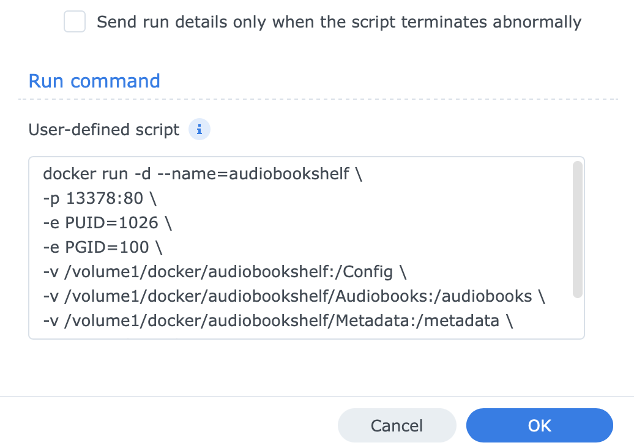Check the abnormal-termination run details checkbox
(x=75, y=21)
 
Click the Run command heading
(x=94, y=81)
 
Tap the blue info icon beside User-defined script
(x=200, y=129)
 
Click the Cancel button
(x=397, y=425)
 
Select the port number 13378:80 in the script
(x=104, y=198)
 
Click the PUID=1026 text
(x=111, y=223)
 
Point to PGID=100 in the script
(x=107, y=247)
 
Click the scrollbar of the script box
(x=578, y=230)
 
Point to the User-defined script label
(x=104, y=130)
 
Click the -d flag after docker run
(x=143, y=174)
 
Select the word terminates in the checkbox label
(x=444, y=22)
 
